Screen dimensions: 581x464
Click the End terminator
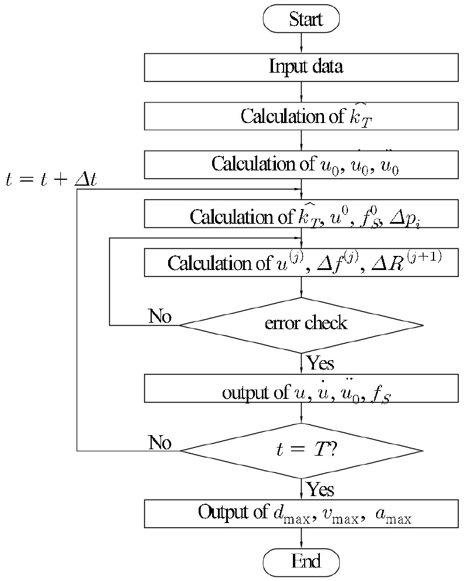301,562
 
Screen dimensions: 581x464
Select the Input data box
301,67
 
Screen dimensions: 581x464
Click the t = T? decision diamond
301,450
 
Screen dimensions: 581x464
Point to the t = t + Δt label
52,180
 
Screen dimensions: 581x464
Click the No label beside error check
159,317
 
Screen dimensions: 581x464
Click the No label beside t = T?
159,443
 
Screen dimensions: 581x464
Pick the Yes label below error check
320,364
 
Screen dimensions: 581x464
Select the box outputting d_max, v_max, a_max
301,514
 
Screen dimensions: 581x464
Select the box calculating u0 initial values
301,163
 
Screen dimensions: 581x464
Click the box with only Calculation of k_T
301,115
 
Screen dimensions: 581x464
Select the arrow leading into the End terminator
301,538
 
